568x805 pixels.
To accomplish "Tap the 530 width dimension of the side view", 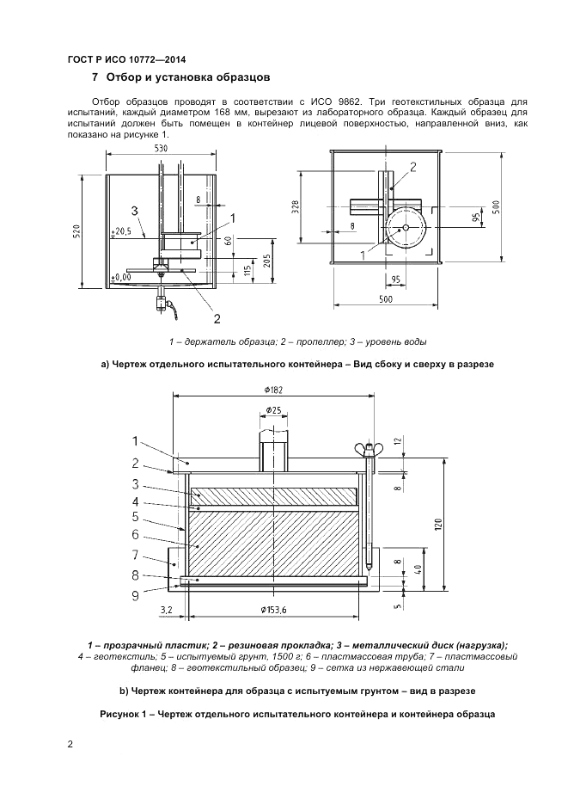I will click(161, 148).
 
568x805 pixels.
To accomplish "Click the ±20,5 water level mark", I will click(122, 230).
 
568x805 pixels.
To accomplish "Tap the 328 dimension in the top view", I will click(295, 208).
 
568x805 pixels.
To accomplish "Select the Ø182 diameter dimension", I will click(272, 388).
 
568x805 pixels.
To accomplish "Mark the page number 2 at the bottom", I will click(70, 744).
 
